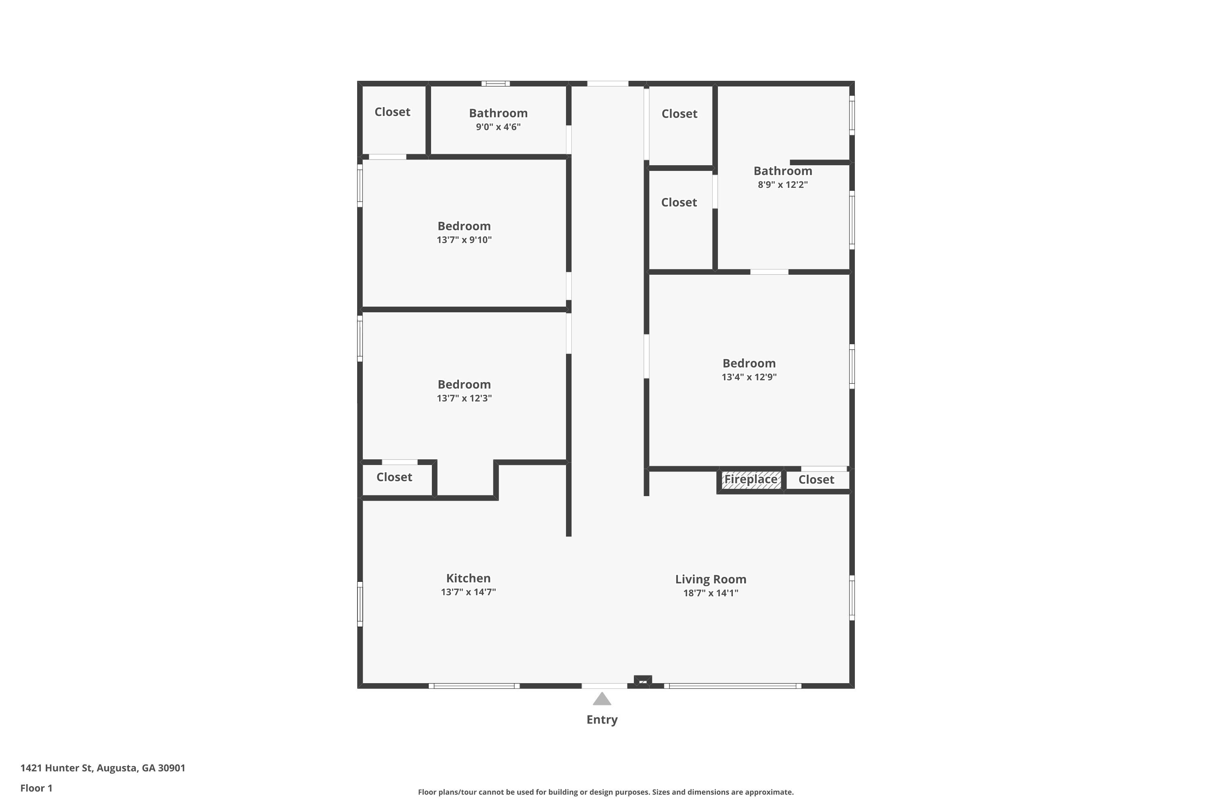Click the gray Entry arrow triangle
coord(602,699)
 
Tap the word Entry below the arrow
coord(602,720)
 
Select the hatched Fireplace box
coord(750,480)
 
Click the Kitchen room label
coord(468,578)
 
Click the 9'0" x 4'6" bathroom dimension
coord(498,127)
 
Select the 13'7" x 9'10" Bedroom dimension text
coord(464,240)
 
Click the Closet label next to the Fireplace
coord(816,480)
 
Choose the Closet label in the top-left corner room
coord(392,112)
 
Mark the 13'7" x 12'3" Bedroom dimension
coord(464,398)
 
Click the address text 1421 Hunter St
coord(103,768)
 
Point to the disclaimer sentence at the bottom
coord(606,792)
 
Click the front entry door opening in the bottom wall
coord(604,686)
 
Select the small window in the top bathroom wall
coord(495,84)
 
